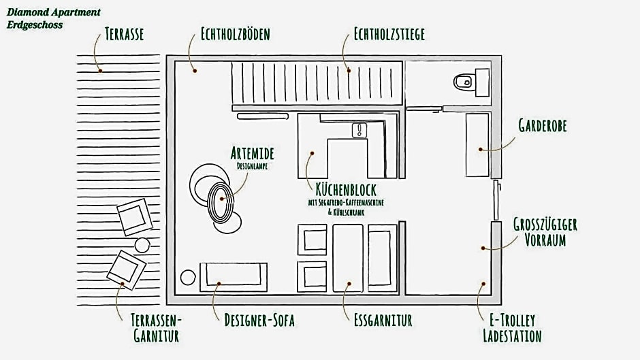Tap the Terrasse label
point(124,34)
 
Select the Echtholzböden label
point(235,34)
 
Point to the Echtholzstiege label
point(389,34)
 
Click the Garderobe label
point(543,125)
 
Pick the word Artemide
point(252,154)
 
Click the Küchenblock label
point(346,189)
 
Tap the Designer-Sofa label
point(259,320)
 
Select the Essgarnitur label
point(383,320)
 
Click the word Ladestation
point(512,336)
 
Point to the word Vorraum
point(545,240)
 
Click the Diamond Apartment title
point(54,12)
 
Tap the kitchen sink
point(359,131)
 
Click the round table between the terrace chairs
point(142,245)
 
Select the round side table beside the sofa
point(188,277)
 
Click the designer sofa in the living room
point(234,277)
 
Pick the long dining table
point(348,258)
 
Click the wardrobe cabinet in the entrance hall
point(477,145)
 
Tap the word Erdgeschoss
point(35,25)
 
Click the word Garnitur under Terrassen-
point(157,336)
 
